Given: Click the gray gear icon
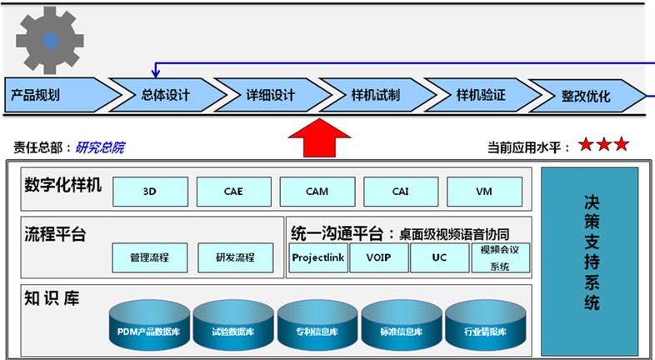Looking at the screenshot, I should (51, 39).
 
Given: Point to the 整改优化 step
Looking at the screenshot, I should (586, 95).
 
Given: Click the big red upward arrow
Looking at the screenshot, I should (319, 137).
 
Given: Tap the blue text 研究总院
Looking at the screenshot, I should (100, 147).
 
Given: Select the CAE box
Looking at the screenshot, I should (233, 192).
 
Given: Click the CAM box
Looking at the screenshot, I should (317, 192).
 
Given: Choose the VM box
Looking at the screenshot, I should (484, 192).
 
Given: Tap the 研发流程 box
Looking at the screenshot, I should (235, 257).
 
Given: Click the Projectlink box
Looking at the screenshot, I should (318, 257).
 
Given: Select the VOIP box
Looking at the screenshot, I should (379, 257).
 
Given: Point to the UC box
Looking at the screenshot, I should (439, 257).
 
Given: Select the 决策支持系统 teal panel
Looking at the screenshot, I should (590, 250).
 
